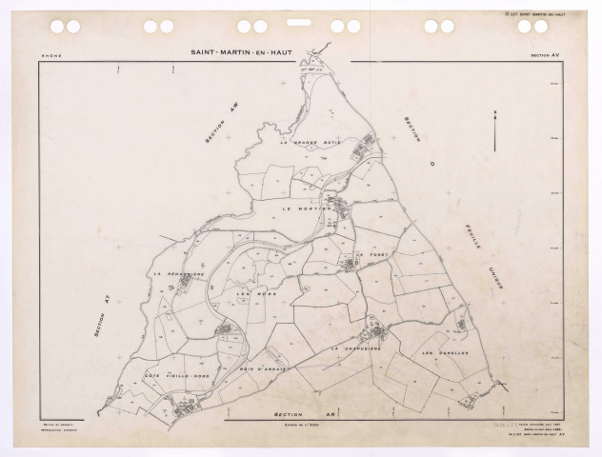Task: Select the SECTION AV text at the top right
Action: [x=546, y=56]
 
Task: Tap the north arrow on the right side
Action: [x=495, y=129]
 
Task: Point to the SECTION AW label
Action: [x=219, y=129]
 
